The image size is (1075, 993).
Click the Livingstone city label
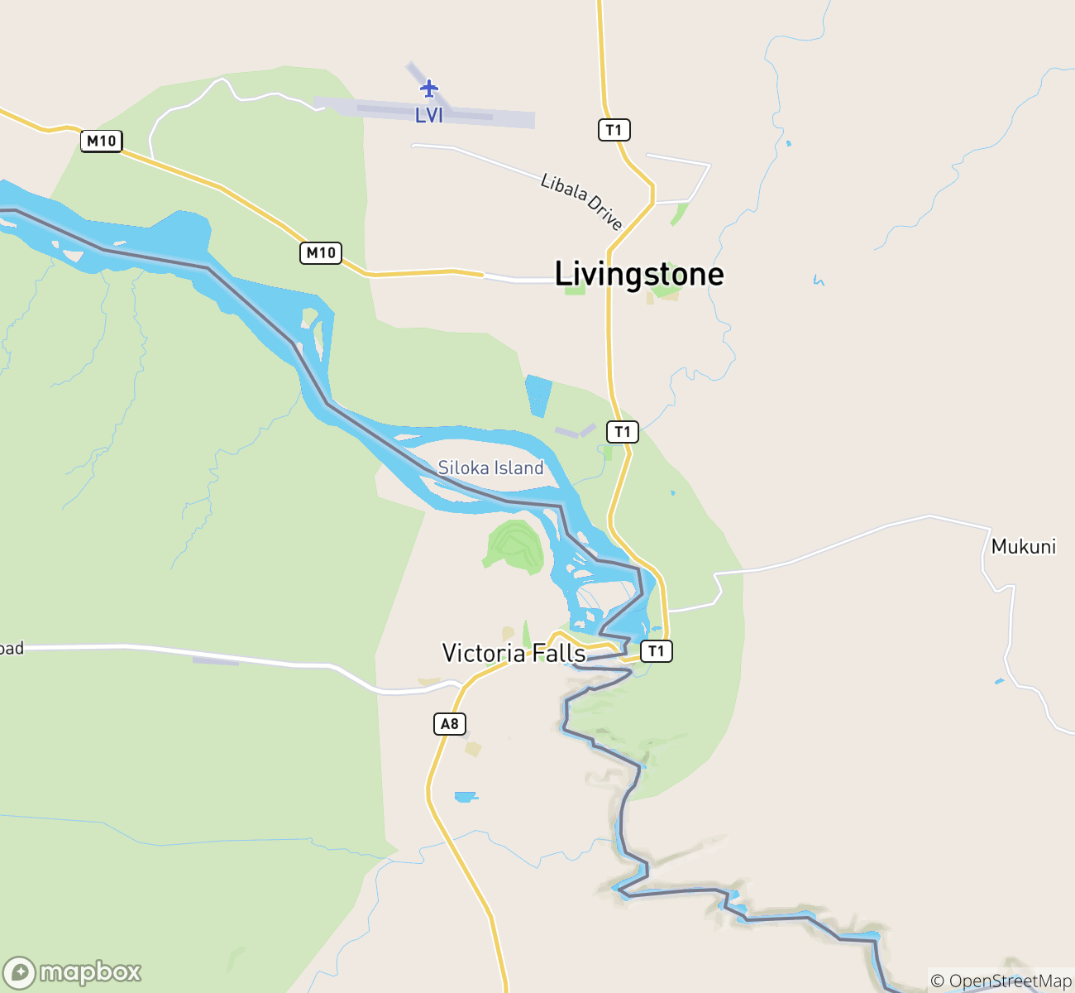[x=638, y=274]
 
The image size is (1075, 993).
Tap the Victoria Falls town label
[x=514, y=654]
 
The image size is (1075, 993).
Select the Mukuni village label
[x=1023, y=547]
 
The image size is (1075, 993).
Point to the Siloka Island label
[x=490, y=468]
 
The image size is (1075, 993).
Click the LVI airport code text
[x=429, y=116]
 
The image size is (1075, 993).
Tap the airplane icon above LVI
[x=428, y=89]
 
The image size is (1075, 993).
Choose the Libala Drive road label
[x=580, y=201]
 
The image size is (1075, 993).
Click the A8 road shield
[x=449, y=725]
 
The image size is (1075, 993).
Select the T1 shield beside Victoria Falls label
[x=656, y=651]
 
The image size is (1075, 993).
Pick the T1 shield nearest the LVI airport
[x=614, y=130]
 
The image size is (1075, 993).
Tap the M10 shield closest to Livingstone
[x=321, y=253]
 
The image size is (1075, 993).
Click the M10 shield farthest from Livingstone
[x=102, y=142]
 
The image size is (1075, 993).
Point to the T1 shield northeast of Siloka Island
[x=623, y=432]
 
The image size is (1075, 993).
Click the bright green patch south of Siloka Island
[x=516, y=545]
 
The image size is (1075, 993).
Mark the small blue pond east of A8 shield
[x=466, y=797]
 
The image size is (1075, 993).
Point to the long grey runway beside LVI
[x=447, y=113]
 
